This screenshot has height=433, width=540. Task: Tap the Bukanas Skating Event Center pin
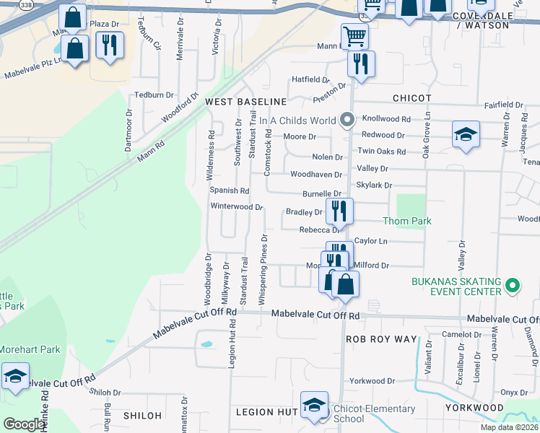pyautogui.click(x=512, y=286)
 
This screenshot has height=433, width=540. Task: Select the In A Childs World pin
pyautogui.click(x=347, y=121)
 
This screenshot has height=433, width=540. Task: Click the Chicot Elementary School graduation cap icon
pyautogui.click(x=314, y=406)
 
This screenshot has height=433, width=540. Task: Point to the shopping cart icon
pyautogui.click(x=354, y=35)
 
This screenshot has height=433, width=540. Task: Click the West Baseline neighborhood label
pyautogui.click(x=246, y=102)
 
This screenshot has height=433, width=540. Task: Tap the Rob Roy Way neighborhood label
pyautogui.click(x=382, y=338)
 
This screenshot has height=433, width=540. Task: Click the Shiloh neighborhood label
pyautogui.click(x=142, y=415)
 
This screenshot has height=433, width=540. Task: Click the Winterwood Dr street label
pyautogui.click(x=236, y=206)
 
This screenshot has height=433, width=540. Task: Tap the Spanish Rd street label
pyautogui.click(x=229, y=191)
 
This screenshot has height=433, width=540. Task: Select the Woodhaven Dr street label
pyautogui.click(x=315, y=175)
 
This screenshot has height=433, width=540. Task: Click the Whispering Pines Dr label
pyautogui.click(x=264, y=268)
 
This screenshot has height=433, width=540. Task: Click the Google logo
pyautogui.click(x=25, y=424)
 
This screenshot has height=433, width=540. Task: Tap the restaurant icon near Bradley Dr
pyautogui.click(x=339, y=211)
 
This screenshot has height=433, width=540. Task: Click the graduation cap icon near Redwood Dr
pyautogui.click(x=466, y=134)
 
